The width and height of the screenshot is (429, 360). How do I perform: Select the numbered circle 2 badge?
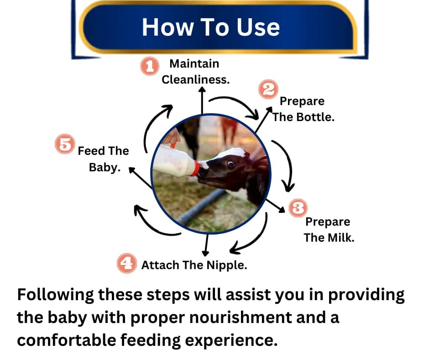click(x=268, y=89)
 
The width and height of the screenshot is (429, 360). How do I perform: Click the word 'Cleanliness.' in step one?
click(x=195, y=79)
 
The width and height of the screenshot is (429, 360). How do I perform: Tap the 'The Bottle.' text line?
click(x=303, y=117)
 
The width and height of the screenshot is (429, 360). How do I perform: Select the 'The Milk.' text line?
click(x=329, y=238)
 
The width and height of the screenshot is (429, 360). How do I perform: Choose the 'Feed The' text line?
click(x=103, y=151)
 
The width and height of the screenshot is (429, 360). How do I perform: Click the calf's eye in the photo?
click(x=231, y=164)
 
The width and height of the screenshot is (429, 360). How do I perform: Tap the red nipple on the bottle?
click(x=195, y=168)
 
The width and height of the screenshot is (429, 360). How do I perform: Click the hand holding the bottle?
click(x=172, y=137)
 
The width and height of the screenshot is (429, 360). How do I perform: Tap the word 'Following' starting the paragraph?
click(x=55, y=295)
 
